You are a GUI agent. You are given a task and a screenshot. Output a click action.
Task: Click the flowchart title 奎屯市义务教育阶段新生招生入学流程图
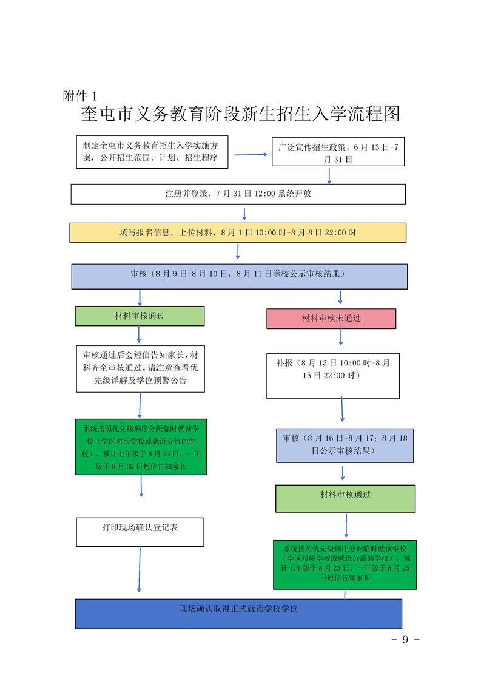(240, 113)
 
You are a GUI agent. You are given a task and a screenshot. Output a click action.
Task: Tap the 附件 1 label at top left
(80, 96)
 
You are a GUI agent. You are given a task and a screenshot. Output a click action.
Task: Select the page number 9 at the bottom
(405, 639)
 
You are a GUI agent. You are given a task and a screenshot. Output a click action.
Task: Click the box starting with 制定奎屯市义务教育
(152, 152)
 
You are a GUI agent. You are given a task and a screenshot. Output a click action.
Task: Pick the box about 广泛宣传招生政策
(338, 152)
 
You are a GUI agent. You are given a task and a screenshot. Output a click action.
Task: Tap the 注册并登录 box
(238, 194)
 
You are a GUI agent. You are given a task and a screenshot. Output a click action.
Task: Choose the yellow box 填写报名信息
(238, 233)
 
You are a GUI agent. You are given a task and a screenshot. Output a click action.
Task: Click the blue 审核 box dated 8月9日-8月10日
(240, 277)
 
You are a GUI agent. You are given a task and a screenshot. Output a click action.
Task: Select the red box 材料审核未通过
(331, 319)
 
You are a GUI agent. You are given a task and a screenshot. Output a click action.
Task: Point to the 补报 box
(333, 376)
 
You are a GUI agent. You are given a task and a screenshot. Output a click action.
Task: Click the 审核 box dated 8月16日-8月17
(345, 446)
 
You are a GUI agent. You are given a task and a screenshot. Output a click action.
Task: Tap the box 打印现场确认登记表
(140, 532)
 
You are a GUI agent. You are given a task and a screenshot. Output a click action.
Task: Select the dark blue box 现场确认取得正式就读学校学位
(238, 614)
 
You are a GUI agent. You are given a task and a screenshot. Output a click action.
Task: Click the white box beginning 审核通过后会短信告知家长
(140, 369)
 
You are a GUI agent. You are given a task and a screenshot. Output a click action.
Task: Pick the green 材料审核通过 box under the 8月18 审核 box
(346, 498)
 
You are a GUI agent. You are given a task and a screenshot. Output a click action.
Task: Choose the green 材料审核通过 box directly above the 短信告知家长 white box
(140, 316)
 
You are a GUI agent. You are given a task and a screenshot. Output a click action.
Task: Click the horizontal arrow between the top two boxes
(251, 154)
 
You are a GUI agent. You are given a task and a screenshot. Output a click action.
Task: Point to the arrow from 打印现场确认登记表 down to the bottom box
(140, 569)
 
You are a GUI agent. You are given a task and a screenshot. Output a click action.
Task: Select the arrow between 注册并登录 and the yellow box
(244, 214)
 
